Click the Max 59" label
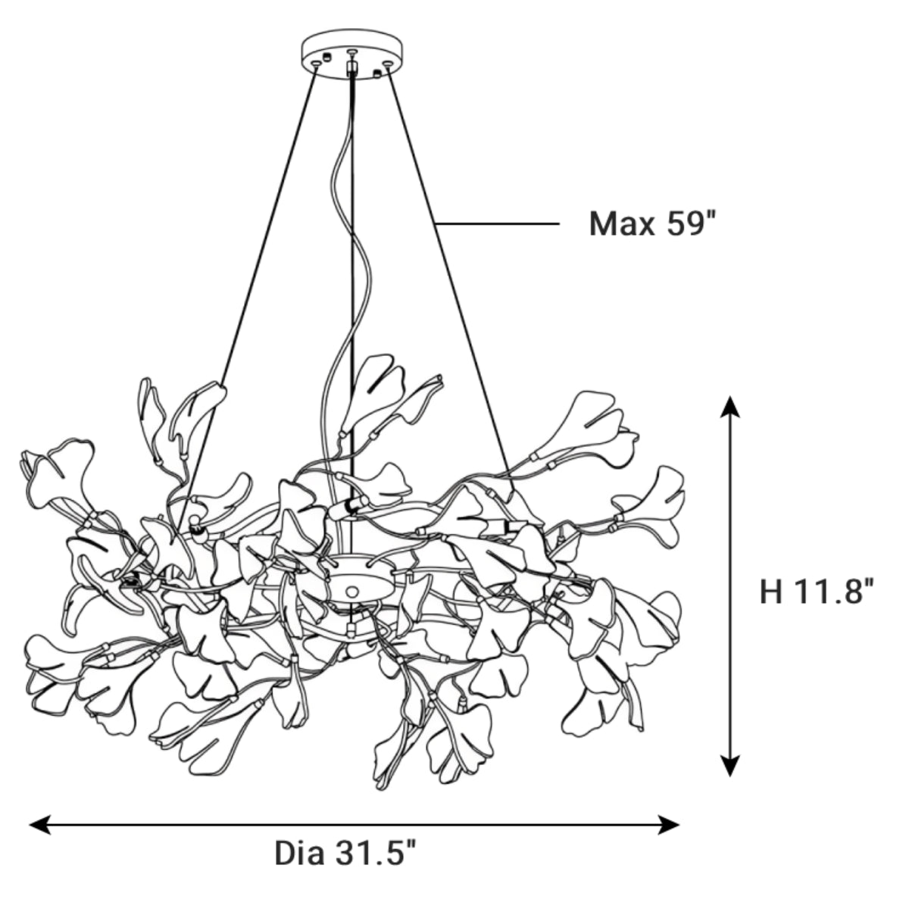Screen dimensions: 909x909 [652, 223]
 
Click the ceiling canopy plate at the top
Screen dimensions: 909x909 [351, 55]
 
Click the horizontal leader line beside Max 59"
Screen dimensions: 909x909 [498, 223]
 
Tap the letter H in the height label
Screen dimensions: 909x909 [771, 592]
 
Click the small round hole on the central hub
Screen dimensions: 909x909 [351, 591]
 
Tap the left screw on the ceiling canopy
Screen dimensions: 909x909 [316, 63]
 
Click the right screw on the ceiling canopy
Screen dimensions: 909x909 [388, 63]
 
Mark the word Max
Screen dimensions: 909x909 [622, 223]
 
